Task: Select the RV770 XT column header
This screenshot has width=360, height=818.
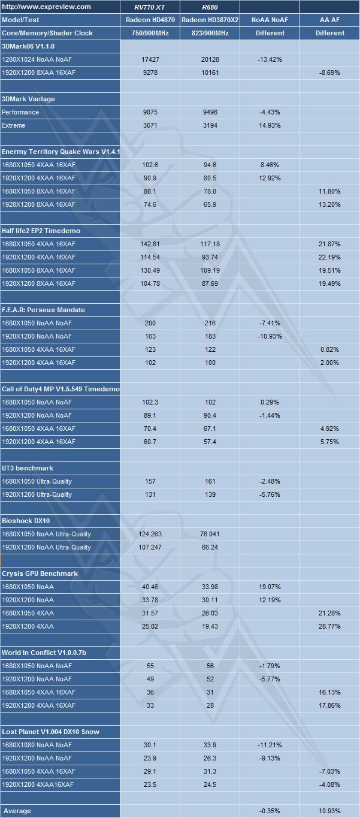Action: point(150,7)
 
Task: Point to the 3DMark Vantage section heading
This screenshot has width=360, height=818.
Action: point(29,99)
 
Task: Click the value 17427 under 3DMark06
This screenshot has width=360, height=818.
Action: point(150,59)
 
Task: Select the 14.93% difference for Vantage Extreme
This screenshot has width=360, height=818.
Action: point(270,125)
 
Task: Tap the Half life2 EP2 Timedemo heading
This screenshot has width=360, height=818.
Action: point(41,231)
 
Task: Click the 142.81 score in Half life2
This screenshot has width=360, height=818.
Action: point(150,244)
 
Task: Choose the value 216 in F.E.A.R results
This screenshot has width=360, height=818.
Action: point(210,323)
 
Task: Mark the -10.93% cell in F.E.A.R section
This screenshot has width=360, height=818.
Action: point(270,336)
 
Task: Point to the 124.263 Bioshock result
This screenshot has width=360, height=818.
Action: point(150,534)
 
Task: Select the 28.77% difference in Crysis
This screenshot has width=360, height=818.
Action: point(330,626)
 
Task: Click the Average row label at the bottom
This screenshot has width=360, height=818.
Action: point(17,811)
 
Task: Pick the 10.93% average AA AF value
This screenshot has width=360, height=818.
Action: point(330,811)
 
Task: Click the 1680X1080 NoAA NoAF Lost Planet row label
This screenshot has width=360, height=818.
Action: point(37,745)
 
